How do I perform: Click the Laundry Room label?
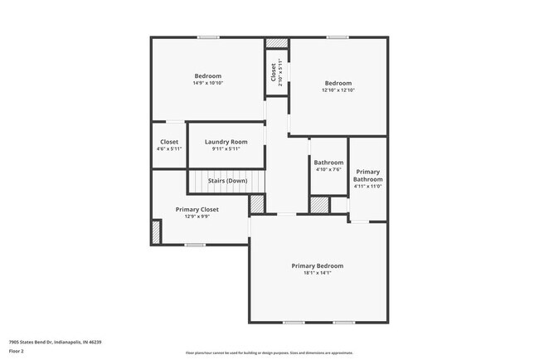point(226,142)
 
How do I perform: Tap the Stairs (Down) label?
point(227,180)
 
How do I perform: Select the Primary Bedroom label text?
point(317,265)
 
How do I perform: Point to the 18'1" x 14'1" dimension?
point(317,273)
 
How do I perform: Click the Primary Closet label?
point(197,210)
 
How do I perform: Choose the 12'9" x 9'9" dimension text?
point(197,217)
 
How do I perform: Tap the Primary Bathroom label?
point(367,176)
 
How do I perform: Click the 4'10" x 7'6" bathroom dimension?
point(328,169)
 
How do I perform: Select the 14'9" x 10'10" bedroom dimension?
point(207,83)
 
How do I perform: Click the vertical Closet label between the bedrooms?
point(273,73)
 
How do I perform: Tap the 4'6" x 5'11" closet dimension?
point(169,149)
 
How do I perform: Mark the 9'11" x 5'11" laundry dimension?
point(226,149)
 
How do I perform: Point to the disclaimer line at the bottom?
point(269,353)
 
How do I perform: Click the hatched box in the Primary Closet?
point(156,231)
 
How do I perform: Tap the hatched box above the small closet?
point(277,43)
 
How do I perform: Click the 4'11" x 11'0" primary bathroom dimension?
point(367,187)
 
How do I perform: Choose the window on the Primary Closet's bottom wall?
point(195,245)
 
